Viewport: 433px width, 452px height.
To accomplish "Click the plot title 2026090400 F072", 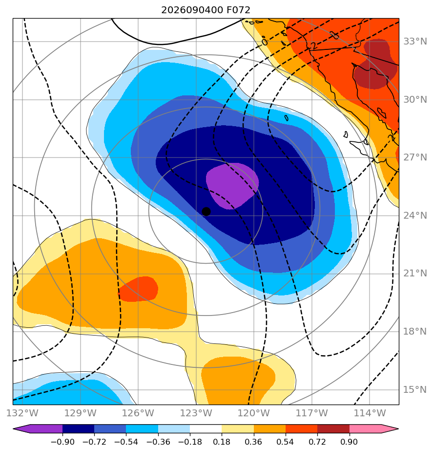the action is (x=206, y=10).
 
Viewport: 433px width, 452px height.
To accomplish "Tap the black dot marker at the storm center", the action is (x=206, y=211).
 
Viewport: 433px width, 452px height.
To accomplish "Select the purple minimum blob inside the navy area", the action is (x=232, y=186).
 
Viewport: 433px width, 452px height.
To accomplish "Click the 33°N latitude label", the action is (x=415, y=42).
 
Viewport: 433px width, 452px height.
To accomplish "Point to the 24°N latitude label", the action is (x=415, y=215).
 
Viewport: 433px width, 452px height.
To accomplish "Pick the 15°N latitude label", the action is (x=415, y=389).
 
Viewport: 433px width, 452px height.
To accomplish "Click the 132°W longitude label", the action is (x=22, y=413).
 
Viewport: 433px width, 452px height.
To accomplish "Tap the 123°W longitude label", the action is (x=196, y=413).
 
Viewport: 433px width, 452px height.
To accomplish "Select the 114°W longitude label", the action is (x=370, y=413).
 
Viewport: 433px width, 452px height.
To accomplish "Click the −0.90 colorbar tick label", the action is (x=62, y=442).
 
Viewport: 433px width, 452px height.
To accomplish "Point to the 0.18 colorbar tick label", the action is (x=222, y=442).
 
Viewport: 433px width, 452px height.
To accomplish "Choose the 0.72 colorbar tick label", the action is (x=317, y=442).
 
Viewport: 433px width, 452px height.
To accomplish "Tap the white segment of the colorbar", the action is (x=206, y=429).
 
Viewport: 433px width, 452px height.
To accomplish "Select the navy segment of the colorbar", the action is (x=78, y=429).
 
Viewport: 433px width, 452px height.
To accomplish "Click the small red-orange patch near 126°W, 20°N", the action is (x=138, y=289).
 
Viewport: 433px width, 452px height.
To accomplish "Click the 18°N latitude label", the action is (x=415, y=332).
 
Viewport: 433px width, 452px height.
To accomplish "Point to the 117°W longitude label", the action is (x=312, y=413).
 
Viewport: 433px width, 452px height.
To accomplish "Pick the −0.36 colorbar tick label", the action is (x=158, y=442).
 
